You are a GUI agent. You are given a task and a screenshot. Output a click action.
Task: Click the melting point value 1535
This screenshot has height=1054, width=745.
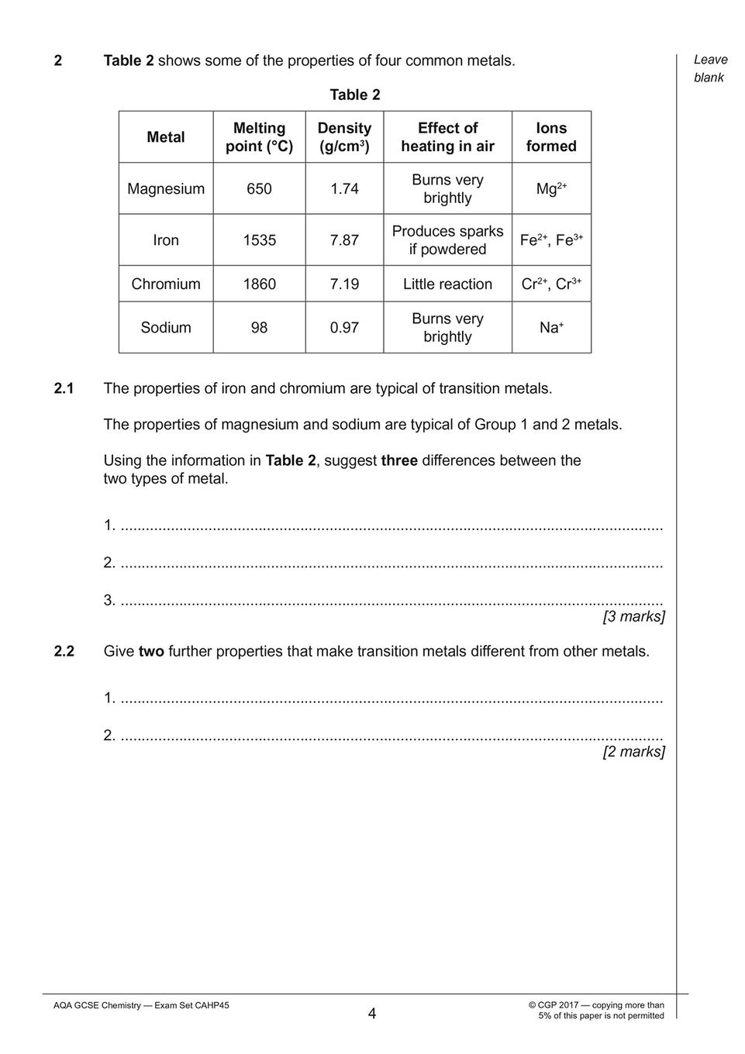coord(259,240)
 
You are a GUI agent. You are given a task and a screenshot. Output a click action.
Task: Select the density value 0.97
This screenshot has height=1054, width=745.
coord(344,328)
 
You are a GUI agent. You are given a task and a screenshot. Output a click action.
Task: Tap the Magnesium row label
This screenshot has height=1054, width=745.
coord(166,189)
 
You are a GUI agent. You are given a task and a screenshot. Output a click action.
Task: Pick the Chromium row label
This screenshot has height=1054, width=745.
coord(166,284)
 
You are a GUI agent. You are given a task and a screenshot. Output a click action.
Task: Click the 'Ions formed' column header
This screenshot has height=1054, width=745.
coord(551,137)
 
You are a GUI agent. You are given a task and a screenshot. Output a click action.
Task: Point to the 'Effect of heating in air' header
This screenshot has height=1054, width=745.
coord(447,137)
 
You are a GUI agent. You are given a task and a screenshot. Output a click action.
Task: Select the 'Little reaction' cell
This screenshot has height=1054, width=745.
coord(447,284)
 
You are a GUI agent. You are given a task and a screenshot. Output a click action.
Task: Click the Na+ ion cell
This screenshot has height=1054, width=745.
coord(551,328)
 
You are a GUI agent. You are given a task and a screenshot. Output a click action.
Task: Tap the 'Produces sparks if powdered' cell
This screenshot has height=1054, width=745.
coord(447,240)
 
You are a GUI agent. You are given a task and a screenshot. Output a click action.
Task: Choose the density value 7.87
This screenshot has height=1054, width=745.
coord(344,240)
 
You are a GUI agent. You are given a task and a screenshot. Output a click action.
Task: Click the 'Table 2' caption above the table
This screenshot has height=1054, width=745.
coord(355,95)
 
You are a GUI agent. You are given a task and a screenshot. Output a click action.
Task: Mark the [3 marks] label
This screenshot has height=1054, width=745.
coord(633,617)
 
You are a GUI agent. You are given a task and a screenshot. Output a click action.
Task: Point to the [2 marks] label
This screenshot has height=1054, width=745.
coord(633,752)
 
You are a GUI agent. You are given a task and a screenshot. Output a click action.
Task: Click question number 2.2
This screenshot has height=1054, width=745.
coord(64,652)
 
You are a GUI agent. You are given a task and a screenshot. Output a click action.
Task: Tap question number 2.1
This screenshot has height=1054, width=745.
coord(64,388)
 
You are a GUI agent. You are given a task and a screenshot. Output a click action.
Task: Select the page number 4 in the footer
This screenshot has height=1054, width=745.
coord(372,1014)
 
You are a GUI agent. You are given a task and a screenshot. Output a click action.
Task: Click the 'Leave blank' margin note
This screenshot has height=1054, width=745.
coord(710,69)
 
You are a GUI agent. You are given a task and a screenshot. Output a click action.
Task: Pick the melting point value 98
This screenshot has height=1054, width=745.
coord(259,328)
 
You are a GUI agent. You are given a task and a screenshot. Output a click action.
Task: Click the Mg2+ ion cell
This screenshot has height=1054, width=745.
coord(551,189)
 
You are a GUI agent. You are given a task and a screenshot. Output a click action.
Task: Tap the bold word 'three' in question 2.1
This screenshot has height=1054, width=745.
coord(399,461)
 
